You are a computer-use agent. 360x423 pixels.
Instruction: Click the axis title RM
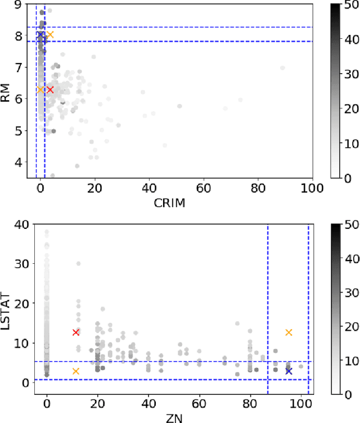click(x=7, y=91)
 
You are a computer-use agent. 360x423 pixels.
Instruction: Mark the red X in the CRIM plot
click(x=50, y=89)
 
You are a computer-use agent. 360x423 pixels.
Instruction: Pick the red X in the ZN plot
click(x=76, y=332)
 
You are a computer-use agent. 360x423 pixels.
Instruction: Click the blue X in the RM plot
click(x=40, y=35)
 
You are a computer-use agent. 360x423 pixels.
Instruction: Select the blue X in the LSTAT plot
click(x=289, y=371)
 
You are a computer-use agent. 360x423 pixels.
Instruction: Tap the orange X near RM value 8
click(x=50, y=35)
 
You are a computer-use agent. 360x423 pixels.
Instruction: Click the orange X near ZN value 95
click(x=289, y=332)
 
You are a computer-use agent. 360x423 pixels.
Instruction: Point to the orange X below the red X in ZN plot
click(x=76, y=371)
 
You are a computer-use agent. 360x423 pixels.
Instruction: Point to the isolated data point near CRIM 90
click(x=282, y=67)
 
